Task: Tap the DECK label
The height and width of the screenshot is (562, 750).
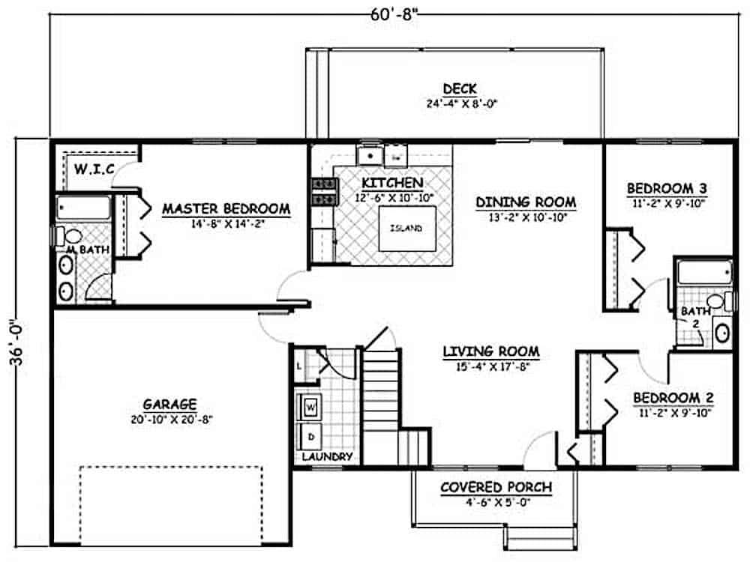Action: (459, 89)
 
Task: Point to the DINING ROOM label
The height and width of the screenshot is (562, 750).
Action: (526, 202)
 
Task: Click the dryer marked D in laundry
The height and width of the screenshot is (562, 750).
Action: (310, 435)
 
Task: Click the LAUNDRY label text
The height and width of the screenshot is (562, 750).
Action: (326, 456)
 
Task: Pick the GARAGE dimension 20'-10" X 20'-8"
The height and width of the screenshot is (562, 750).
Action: (171, 420)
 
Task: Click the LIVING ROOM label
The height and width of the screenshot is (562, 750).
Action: (490, 351)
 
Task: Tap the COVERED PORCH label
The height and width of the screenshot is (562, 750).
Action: (496, 487)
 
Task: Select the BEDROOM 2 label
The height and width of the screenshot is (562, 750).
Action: (672, 397)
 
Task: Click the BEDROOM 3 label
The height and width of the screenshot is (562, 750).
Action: (667, 187)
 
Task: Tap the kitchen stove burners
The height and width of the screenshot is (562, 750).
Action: (322, 191)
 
